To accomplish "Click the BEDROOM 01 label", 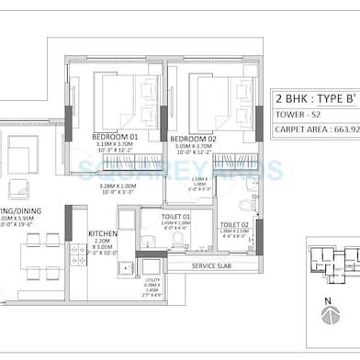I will click(x=115, y=137).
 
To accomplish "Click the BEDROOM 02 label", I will click(x=193, y=139).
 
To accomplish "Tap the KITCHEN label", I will click(x=103, y=234).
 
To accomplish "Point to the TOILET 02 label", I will click(x=234, y=224).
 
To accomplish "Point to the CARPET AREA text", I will click(x=317, y=130).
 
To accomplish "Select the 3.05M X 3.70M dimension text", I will click(x=193, y=146).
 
